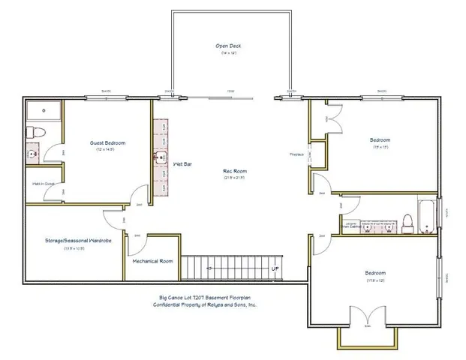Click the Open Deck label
point(228,46)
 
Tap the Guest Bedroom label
point(107,142)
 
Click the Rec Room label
point(234,170)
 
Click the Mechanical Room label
point(153,261)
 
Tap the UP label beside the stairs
point(275,268)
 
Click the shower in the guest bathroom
point(44,111)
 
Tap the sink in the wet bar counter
point(162,157)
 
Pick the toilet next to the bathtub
point(406,221)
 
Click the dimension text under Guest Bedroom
point(107,150)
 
